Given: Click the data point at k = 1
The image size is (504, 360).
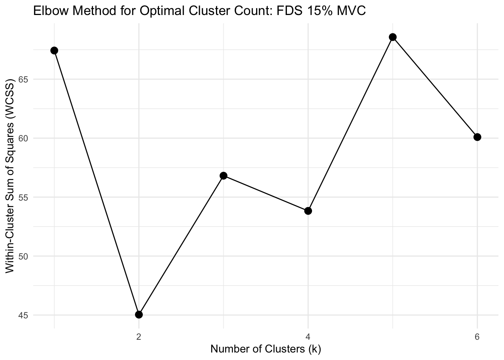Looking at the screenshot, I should click(x=54, y=51).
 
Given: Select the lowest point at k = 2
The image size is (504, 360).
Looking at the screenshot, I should click(x=139, y=314).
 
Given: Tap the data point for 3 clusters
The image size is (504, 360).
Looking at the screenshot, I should click(x=223, y=175).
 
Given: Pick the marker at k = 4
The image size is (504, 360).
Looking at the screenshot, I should click(x=308, y=211).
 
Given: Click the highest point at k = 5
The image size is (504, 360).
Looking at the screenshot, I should click(x=393, y=37).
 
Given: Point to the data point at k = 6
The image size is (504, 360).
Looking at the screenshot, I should click(x=477, y=137).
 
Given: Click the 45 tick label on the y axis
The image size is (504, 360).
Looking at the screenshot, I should click(x=24, y=315).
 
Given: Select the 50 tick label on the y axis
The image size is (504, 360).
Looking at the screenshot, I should click(x=24, y=256).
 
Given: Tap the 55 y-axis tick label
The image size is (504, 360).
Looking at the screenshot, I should click(x=24, y=197).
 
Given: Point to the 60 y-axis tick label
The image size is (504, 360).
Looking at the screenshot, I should click(x=24, y=138).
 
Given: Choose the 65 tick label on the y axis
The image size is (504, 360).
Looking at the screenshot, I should click(x=24, y=79).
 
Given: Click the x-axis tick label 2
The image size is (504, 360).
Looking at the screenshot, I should click(x=139, y=336).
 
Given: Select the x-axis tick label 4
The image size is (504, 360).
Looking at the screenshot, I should click(x=308, y=336).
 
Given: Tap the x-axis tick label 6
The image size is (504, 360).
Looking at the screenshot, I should click(x=477, y=336).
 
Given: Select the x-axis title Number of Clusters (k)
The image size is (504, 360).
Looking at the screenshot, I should click(x=265, y=349).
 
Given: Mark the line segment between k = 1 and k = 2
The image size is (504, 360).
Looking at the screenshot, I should click(x=97, y=183).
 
